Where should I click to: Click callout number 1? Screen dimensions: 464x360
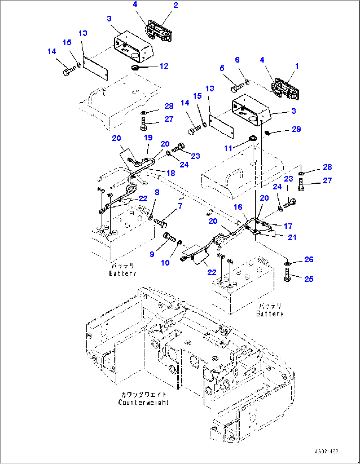click(297, 66)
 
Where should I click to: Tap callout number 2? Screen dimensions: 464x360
click(175, 5)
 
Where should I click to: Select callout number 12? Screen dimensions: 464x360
click(164, 66)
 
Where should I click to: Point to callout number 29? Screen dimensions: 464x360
click(296, 129)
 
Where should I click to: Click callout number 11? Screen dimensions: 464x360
click(228, 148)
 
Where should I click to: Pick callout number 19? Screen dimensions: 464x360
click(148, 138)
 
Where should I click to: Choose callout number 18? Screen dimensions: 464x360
click(171, 173)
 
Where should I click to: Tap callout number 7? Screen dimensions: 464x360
click(180, 206)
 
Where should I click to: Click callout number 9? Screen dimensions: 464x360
click(152, 254)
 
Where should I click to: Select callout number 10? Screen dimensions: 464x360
click(165, 263)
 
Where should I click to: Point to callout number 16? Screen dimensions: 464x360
click(238, 207)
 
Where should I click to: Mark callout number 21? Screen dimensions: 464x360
click(292, 237)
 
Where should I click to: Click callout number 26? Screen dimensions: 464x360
click(309, 259)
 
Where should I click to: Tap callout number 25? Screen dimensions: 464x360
click(309, 279)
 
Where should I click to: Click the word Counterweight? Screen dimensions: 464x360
click(143, 402)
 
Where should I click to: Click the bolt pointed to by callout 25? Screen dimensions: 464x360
click(287, 275)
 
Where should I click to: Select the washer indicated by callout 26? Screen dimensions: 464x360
click(288, 263)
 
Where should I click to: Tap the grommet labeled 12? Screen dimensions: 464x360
click(135, 68)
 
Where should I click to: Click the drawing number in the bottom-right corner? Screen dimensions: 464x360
click(326, 451)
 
